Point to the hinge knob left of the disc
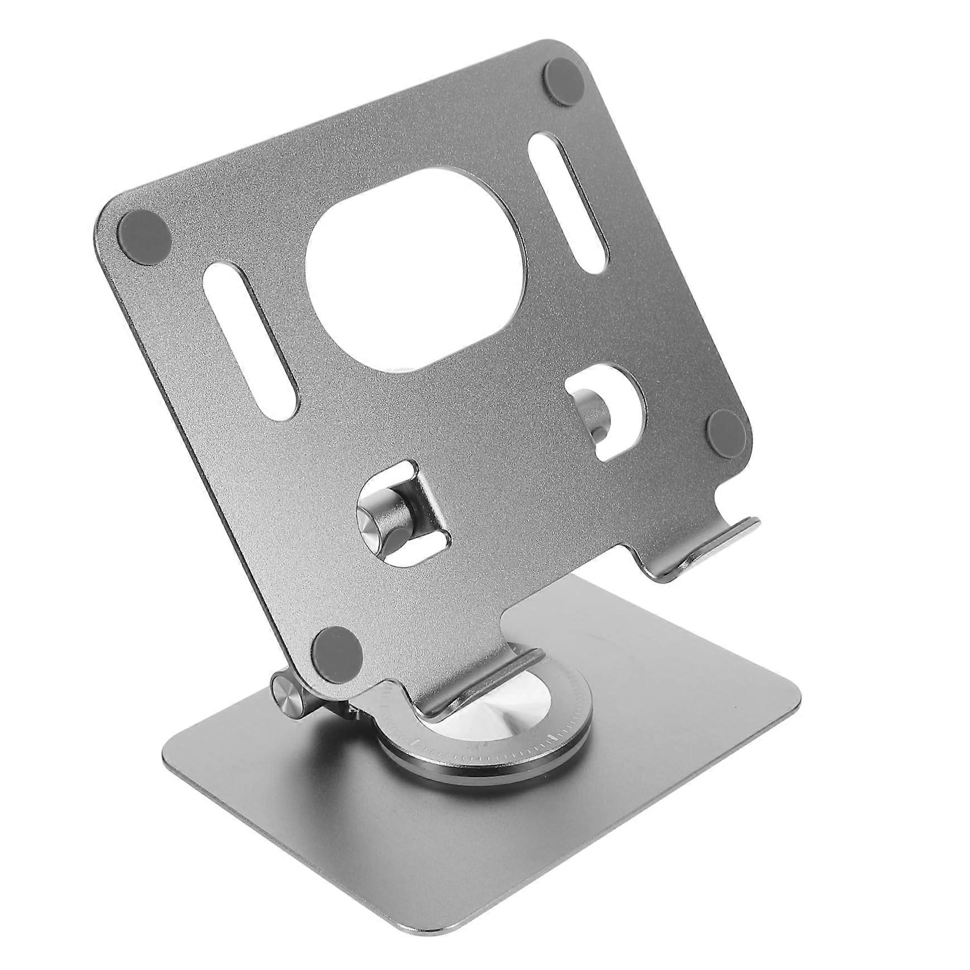tap(289, 694)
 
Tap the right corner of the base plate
tap(793, 695)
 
